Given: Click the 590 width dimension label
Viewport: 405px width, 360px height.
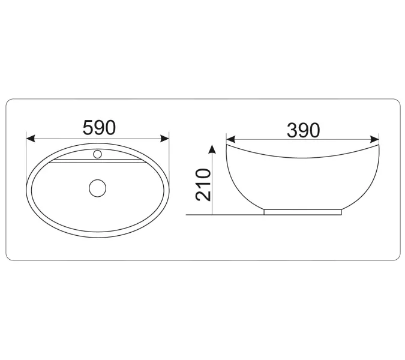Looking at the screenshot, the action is [x=99, y=128].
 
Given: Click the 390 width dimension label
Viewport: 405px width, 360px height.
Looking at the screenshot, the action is [x=304, y=130].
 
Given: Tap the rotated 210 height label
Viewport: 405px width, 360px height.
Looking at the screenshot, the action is [x=203, y=185].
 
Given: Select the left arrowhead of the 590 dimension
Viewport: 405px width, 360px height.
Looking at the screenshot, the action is [x=31, y=139].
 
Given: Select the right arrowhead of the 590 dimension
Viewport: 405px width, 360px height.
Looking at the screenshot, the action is [x=164, y=139].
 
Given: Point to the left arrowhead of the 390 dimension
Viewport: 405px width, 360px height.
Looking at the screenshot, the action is [x=230, y=139].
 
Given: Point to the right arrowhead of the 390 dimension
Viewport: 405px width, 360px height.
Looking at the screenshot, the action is [x=374, y=139].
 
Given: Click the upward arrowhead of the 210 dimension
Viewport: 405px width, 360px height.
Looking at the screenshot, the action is [x=212, y=149].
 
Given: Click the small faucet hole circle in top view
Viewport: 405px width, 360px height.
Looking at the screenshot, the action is [x=97, y=154].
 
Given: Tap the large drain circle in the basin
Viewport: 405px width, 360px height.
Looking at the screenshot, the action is [x=98, y=188].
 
